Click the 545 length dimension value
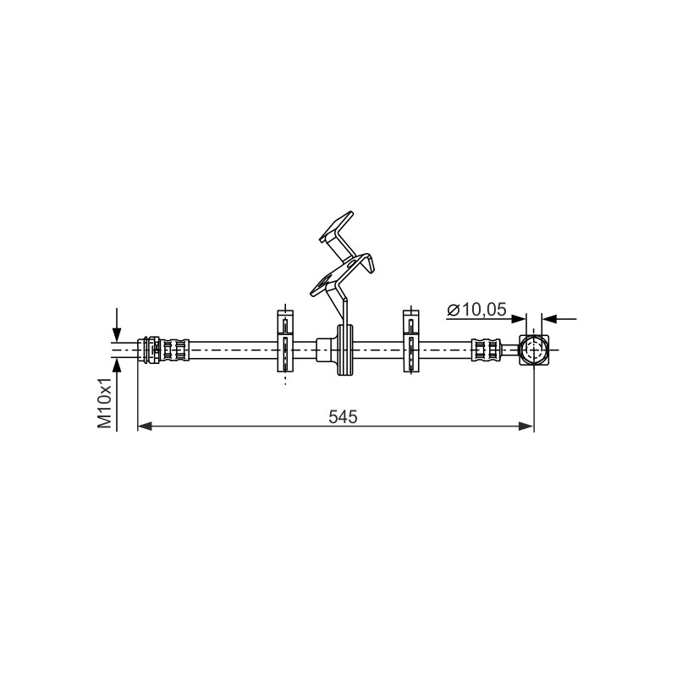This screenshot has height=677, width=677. coord(343,416)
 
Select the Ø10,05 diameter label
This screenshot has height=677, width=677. coord(476,310)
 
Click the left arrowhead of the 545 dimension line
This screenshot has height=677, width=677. coord(145,427)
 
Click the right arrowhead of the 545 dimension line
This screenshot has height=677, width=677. coord(526,427)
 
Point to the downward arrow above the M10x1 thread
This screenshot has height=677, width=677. coord(117,325)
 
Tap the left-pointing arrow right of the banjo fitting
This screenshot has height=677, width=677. coord(559,319)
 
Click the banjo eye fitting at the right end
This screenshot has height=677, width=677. coord(534,350)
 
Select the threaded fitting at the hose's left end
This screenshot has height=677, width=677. coord(149,350)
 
